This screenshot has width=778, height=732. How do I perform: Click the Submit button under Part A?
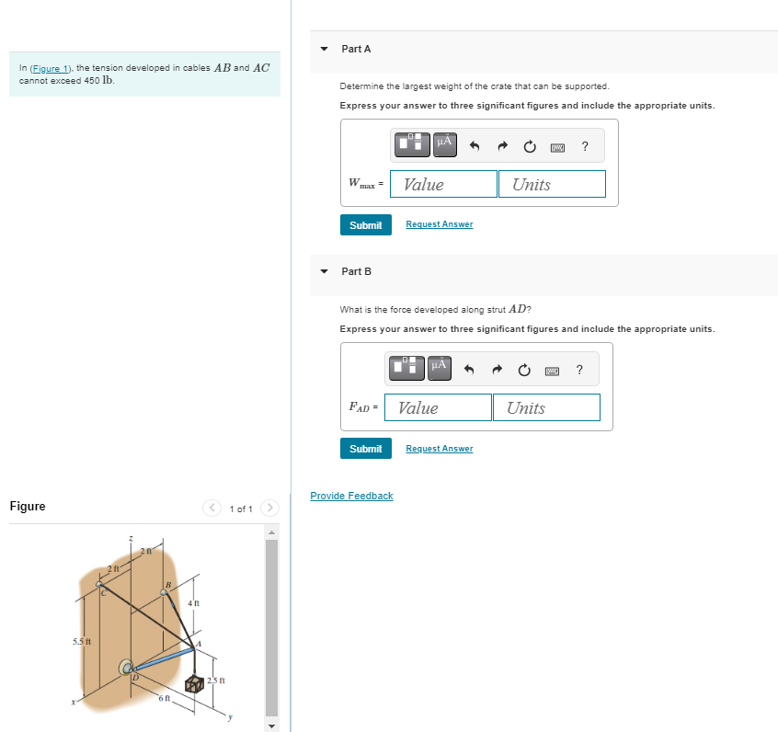tap(365, 225)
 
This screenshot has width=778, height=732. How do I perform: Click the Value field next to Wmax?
tap(443, 184)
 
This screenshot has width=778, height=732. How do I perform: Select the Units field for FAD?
tap(546, 407)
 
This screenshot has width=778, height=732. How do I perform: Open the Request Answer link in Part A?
tap(439, 224)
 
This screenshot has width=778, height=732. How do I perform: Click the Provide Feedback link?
tap(351, 496)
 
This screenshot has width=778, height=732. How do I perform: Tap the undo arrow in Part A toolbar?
tap(475, 145)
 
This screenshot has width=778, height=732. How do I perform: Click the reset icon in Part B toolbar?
tap(524, 370)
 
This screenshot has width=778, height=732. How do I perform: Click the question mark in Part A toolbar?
tap(585, 145)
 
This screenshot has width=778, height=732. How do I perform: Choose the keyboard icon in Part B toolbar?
tap(552, 370)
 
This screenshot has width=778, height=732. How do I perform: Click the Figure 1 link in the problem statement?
tap(51, 69)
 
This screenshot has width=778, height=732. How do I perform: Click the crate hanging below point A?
tap(194, 684)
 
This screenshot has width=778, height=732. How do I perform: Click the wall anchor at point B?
tap(165, 593)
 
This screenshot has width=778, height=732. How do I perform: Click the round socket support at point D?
tap(126, 666)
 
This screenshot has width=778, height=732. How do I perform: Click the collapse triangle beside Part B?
tap(324, 271)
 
